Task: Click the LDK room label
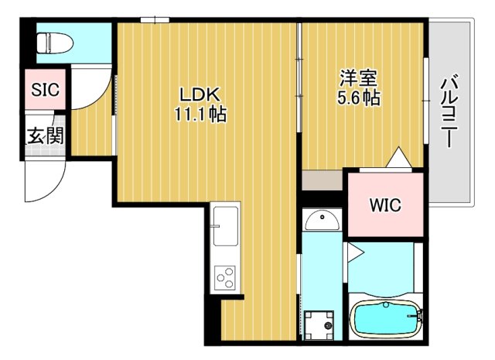[201, 94]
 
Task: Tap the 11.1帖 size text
[201, 115]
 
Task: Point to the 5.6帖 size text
[358, 99]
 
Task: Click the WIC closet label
[384, 206]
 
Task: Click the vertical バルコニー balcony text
[448, 113]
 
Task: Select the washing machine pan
[320, 324]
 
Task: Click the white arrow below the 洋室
[399, 157]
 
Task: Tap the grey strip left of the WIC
[322, 180]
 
